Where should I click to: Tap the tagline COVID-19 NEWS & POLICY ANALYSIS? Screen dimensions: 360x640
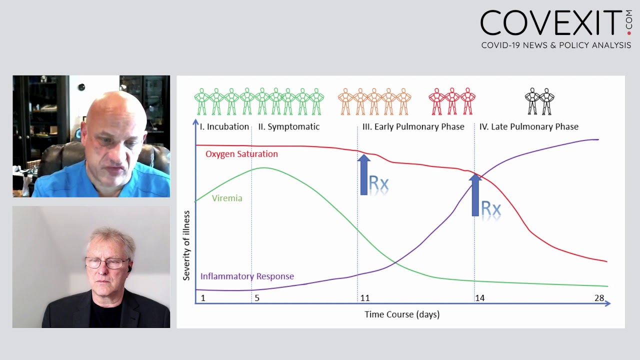point(556,45)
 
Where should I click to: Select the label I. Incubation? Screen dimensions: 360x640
point(224,127)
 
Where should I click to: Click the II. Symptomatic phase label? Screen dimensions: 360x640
point(288,127)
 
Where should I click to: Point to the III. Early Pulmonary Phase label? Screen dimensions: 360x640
point(413,127)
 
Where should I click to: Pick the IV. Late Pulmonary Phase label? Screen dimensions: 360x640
point(528,127)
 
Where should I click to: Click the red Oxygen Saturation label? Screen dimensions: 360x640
point(241,154)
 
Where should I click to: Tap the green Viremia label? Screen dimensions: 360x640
point(226,198)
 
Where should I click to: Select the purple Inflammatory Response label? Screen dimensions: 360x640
point(247,276)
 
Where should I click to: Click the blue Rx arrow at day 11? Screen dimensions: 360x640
point(364,174)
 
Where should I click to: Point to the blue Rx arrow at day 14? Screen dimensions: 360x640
point(475,195)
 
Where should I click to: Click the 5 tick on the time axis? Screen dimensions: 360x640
point(257,298)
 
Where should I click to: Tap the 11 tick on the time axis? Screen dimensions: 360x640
point(365,298)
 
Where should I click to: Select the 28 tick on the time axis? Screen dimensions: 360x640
point(599,298)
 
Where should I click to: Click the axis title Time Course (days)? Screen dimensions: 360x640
point(401,314)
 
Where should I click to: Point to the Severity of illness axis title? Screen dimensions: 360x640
point(186,245)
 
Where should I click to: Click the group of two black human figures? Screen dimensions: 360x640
point(539,101)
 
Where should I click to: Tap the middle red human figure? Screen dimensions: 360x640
point(452,101)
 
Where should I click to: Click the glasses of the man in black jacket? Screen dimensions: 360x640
point(106,262)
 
